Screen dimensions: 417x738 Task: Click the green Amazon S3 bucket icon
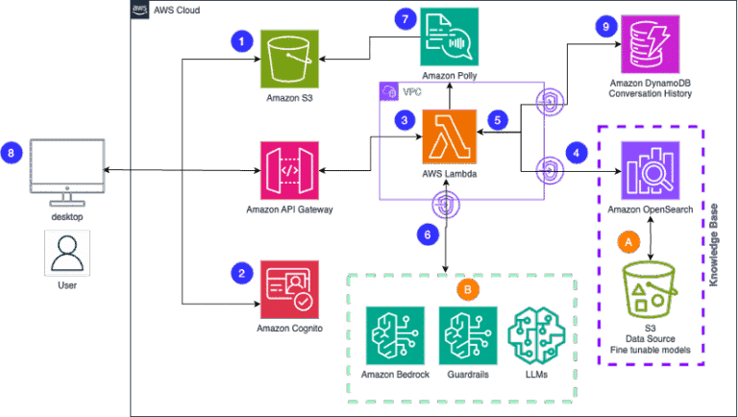coord(291,60)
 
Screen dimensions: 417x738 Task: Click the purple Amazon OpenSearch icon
coord(650,170)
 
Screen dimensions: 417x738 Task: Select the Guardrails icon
coord(468,335)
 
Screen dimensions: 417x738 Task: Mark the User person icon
coord(65,254)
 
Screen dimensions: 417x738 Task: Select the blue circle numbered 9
coord(604,26)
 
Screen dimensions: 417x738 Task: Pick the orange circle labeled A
coord(629,242)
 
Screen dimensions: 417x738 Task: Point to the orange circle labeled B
coord(466,286)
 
